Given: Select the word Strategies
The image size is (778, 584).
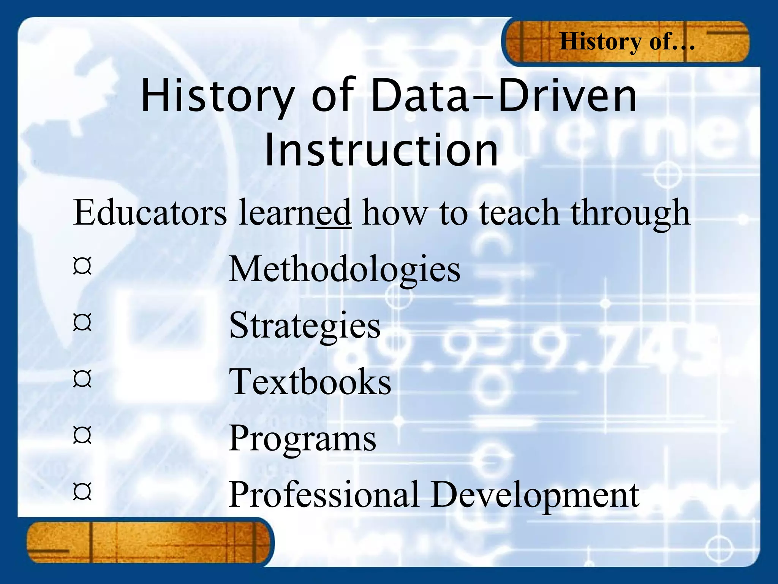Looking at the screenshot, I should coord(304,326).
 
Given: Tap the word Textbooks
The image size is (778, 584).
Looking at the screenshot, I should coord(310,382).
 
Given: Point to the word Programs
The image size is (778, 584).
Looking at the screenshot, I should coord(302,438).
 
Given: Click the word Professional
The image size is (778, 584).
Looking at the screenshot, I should coord(324,494).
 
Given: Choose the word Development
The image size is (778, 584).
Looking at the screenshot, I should coord(535,495).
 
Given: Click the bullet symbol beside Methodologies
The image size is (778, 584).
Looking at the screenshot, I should coord(82,267).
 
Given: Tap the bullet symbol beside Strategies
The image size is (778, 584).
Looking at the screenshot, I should coord(82,323).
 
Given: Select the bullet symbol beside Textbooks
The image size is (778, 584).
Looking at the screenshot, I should coord(82,379).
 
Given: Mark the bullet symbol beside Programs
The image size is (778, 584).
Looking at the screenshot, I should coord(82,435).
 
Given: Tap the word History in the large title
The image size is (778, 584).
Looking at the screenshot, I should coord(218,97).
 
